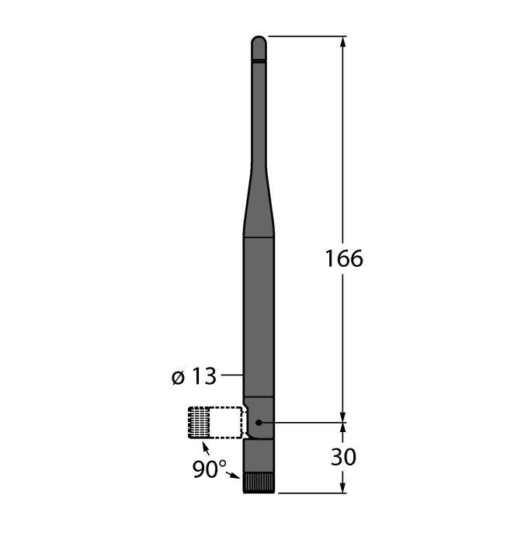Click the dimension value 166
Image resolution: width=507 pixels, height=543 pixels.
[x=343, y=258]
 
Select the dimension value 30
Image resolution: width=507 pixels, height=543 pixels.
[x=343, y=457]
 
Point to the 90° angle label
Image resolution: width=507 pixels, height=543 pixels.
[x=209, y=469]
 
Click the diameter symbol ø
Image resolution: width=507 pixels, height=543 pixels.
[x=177, y=378]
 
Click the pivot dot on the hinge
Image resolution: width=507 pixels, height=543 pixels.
[x=259, y=423]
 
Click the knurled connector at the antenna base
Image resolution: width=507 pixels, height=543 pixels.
[x=259, y=482]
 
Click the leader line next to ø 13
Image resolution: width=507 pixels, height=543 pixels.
[x=232, y=377]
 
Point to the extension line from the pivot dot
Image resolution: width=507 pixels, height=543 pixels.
[x=303, y=423]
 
